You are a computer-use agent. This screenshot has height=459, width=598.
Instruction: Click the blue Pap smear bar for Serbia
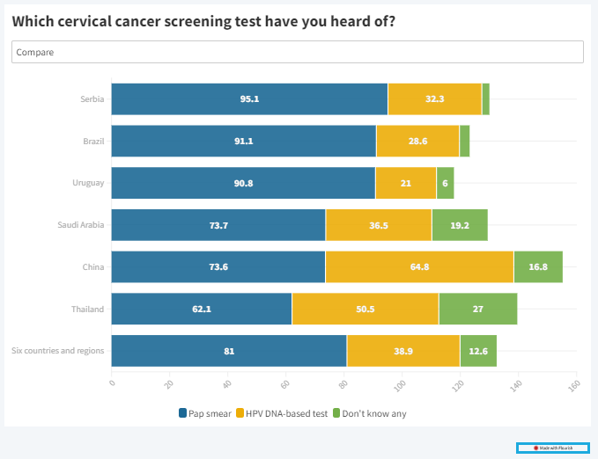(249, 98)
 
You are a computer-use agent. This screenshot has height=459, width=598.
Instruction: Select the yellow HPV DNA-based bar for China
(419, 266)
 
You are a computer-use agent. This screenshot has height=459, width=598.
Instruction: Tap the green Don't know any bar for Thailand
(477, 309)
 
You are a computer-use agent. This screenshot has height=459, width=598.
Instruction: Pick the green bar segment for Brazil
(464, 141)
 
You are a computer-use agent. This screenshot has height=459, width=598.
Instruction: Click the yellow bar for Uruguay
(405, 183)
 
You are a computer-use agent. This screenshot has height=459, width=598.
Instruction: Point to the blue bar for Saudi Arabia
(218, 225)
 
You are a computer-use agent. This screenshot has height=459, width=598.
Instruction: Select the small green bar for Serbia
(485, 98)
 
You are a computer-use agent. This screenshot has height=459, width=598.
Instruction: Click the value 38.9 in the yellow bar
(403, 351)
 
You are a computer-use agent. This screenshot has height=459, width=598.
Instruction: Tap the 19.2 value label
(460, 225)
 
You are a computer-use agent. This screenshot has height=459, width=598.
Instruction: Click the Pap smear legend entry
(206, 413)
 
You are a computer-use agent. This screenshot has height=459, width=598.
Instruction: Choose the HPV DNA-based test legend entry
(282, 413)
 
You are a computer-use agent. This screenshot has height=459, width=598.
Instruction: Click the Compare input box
(298, 52)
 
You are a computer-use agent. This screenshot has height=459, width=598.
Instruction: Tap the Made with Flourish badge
(553, 448)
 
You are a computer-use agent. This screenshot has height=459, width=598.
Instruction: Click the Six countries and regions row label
(58, 351)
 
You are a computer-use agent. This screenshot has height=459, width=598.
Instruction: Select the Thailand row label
(87, 309)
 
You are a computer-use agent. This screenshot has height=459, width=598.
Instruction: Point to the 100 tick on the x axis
(401, 384)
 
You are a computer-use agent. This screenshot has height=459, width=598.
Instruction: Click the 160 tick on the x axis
(574, 384)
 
